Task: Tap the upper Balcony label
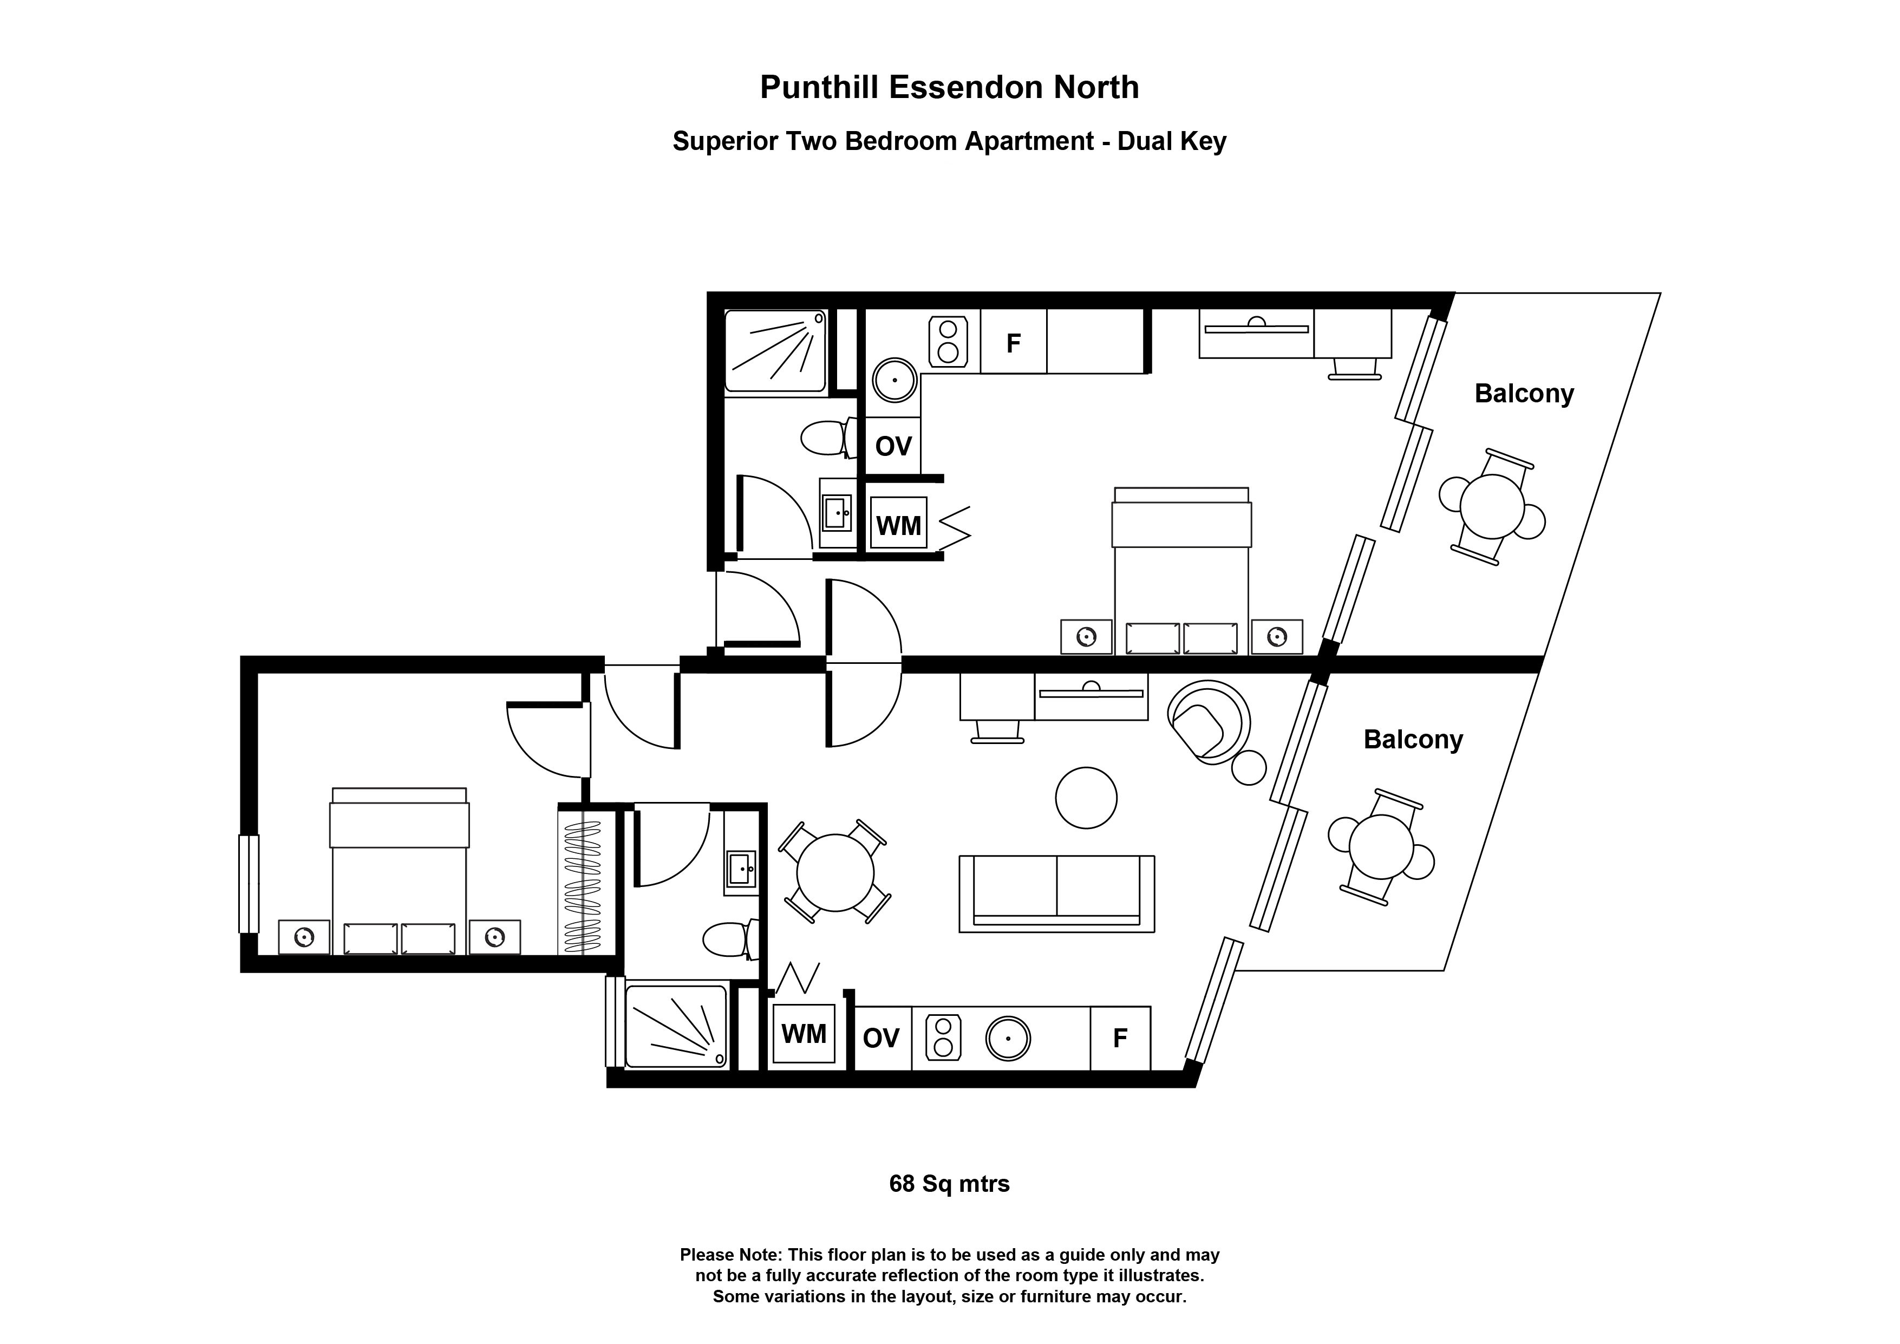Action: point(1524,393)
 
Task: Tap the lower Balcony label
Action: point(1413,739)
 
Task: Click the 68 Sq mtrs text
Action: point(949,1184)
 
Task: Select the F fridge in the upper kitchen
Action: point(1013,343)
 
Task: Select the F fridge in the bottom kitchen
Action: point(1120,1038)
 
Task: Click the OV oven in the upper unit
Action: point(893,447)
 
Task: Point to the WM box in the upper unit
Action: point(899,525)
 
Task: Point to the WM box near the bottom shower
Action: point(804,1034)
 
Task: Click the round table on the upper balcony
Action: point(1492,506)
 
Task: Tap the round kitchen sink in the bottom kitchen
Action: point(1008,1038)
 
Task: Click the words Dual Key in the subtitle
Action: point(1171,141)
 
